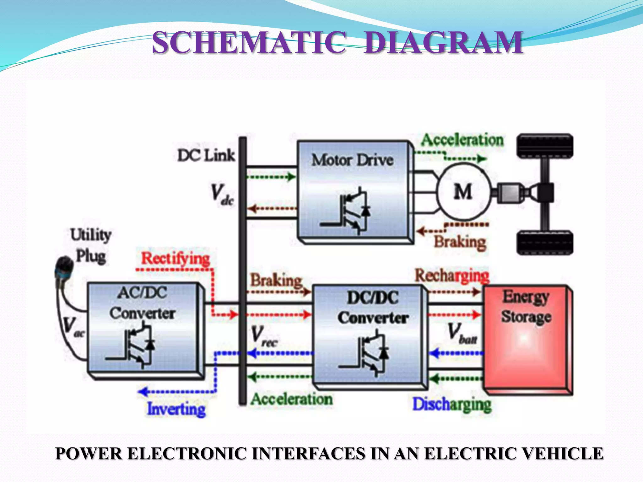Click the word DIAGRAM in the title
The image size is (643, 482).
pos(443,43)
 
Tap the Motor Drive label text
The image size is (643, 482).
pos(352,160)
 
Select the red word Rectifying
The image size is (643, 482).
pos(175,259)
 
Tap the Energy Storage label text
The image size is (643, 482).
pos(526,307)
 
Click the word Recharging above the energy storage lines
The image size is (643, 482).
pos(452,276)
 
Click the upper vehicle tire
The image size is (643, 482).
pos(545,146)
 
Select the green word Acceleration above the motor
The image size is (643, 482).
pos(462,140)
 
